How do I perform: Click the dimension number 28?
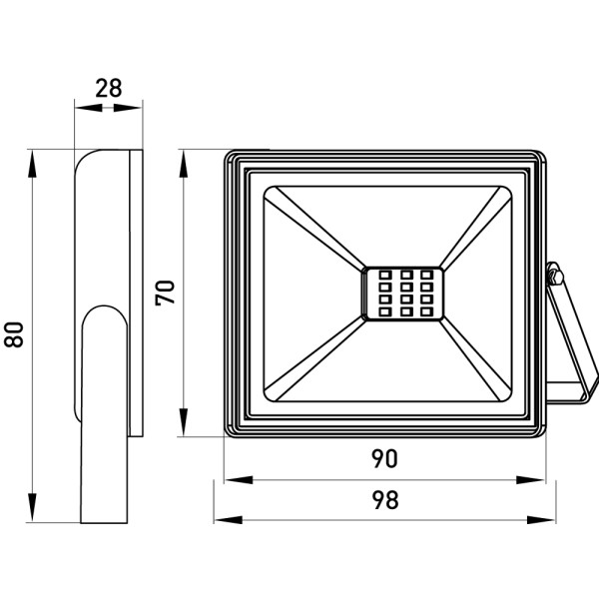point(109,88)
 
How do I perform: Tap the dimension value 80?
point(14,334)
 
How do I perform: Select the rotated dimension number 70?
point(165,293)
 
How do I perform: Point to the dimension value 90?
point(384,458)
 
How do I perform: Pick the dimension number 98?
point(385,500)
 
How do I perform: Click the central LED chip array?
point(403,294)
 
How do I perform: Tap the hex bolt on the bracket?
point(555,277)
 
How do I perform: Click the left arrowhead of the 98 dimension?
point(228,520)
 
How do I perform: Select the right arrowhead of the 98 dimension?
point(541,520)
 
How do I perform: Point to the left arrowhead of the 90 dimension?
point(239,480)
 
